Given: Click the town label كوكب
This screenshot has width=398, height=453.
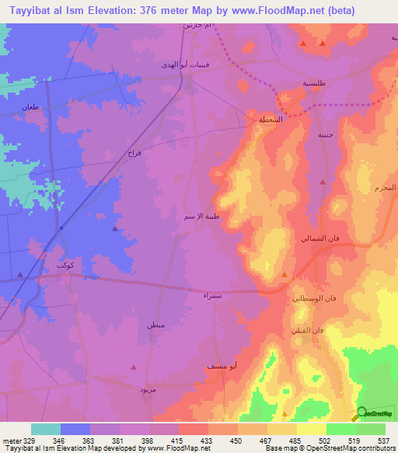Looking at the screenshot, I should pyautogui.click(x=65, y=265).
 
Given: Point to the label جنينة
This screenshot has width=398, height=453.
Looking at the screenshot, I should pyautogui.click(x=326, y=134).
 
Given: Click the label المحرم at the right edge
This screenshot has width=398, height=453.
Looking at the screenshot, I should pyautogui.click(x=386, y=188).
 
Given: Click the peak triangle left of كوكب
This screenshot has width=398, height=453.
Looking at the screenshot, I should pyautogui.click(x=20, y=274).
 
